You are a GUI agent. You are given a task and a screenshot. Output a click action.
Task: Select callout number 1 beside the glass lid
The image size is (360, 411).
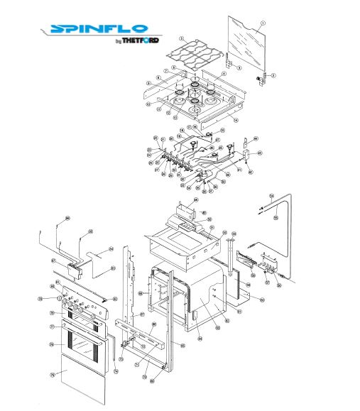tap(263, 22)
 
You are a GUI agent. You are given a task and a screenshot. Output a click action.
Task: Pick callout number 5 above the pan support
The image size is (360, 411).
tap(182, 38)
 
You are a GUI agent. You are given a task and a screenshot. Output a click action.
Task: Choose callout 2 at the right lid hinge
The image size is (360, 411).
tap(274, 75)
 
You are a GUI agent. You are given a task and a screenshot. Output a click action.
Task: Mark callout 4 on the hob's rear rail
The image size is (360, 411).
tap(224, 73)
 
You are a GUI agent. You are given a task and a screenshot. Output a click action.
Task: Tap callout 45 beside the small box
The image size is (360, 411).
tap(260, 153)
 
